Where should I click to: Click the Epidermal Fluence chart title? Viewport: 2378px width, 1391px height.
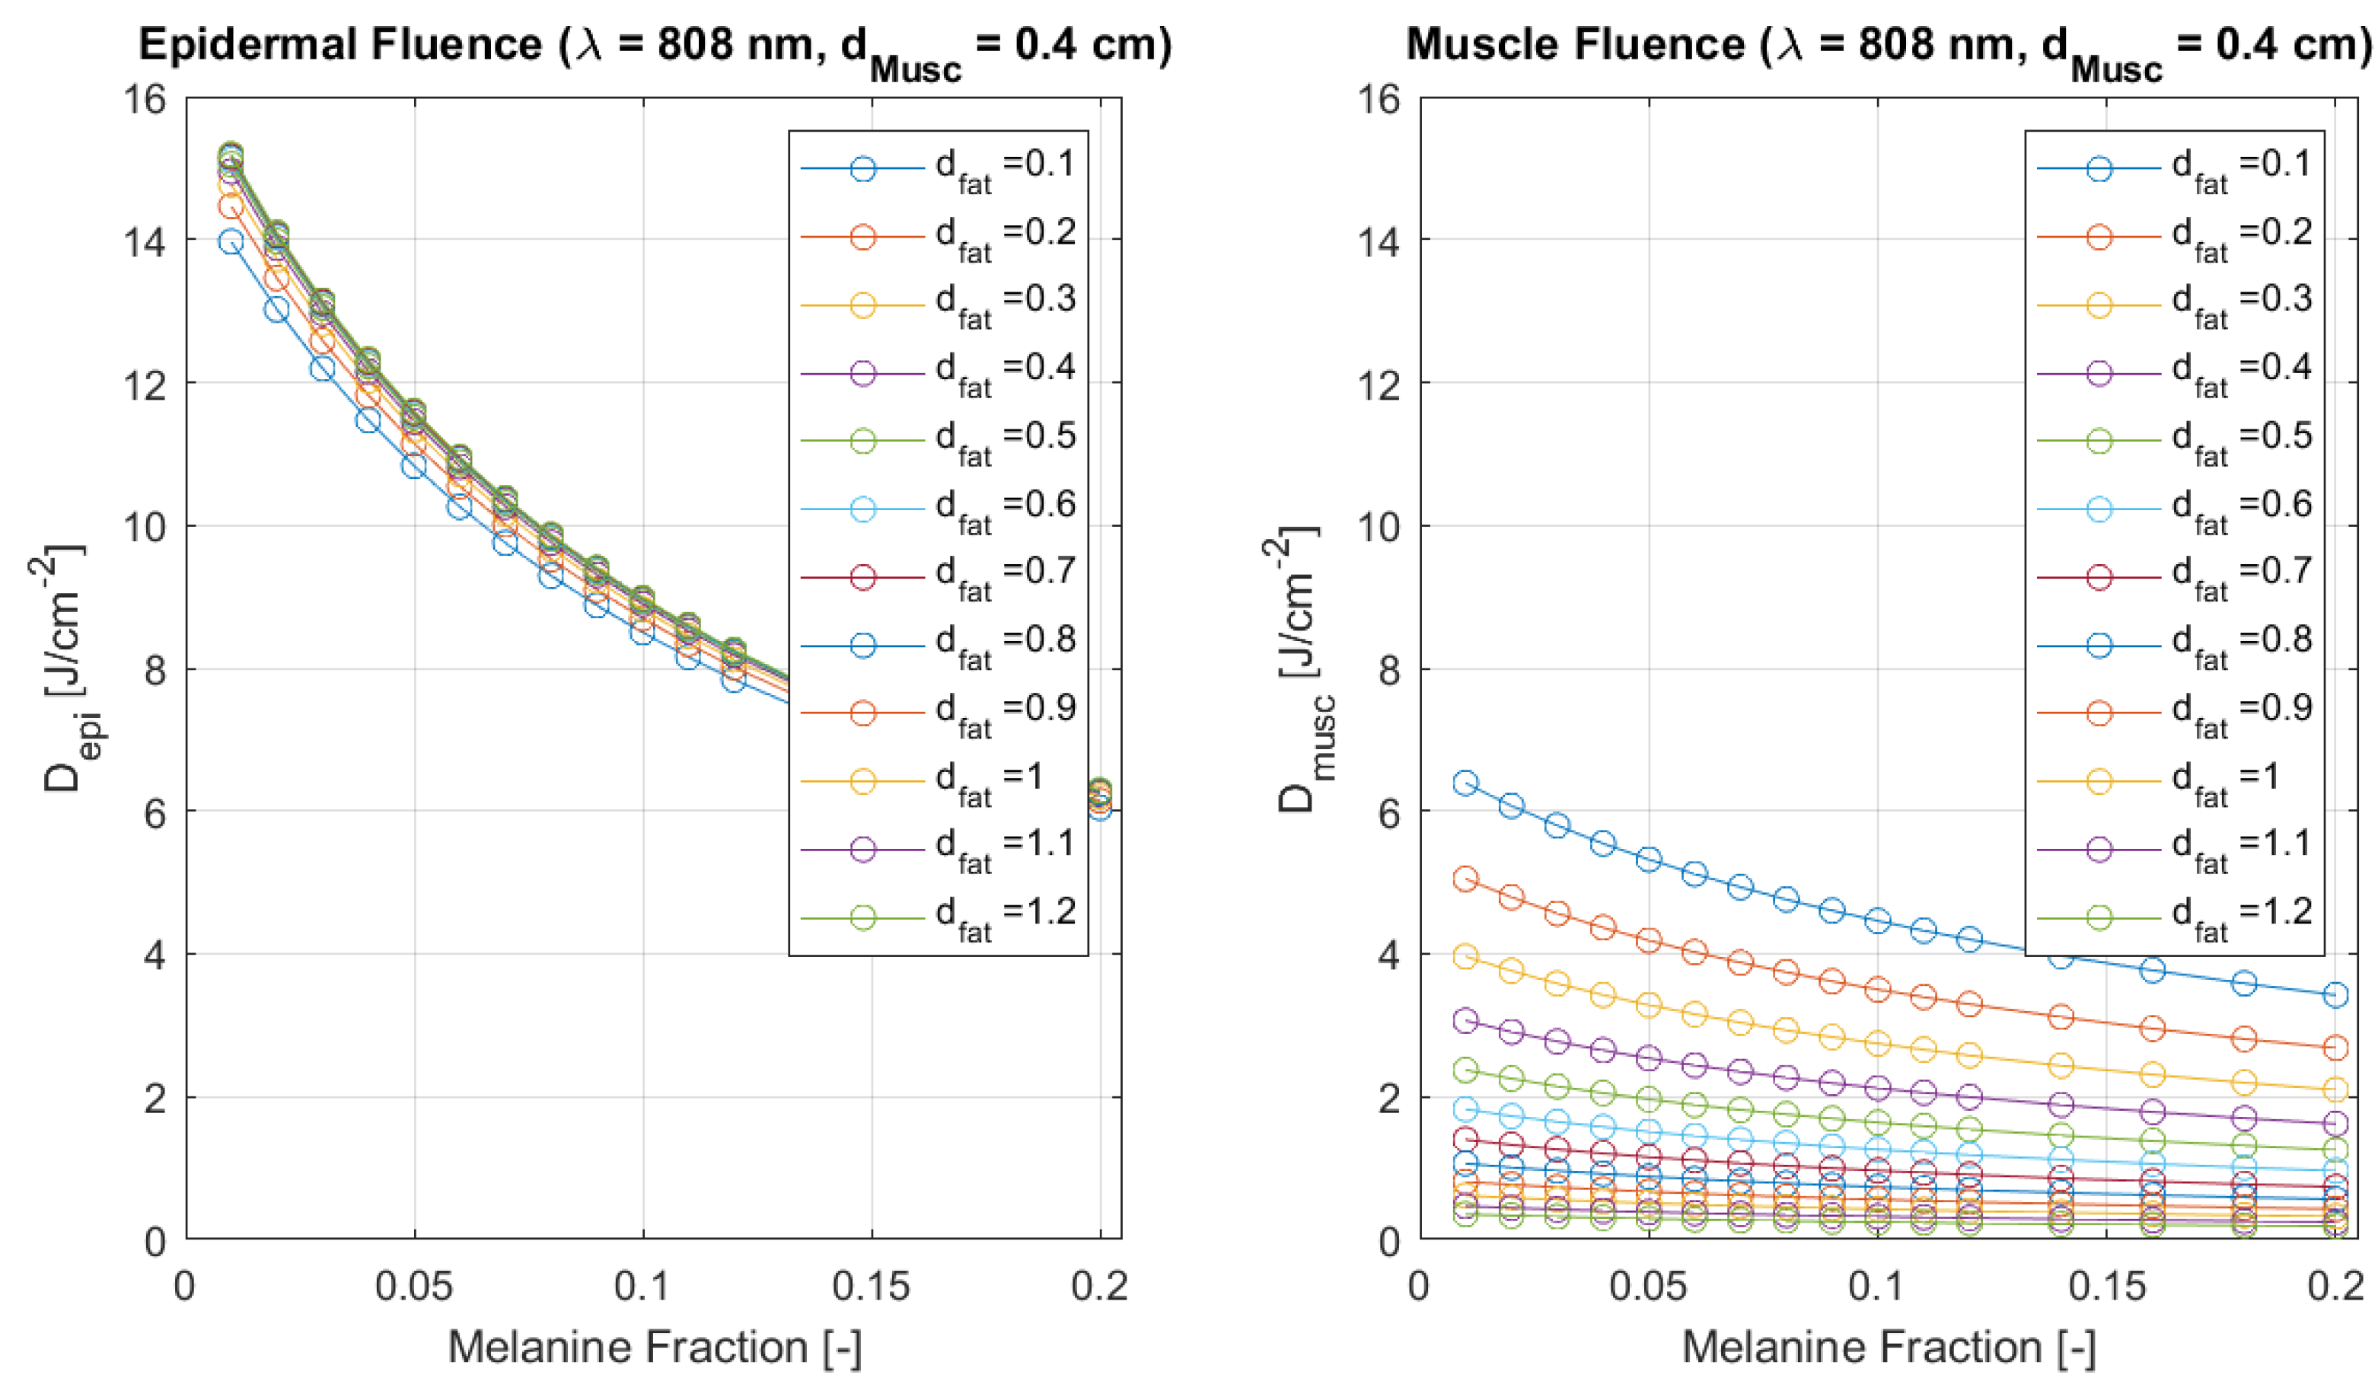coord(655,45)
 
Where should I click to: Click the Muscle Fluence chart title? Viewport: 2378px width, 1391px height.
coord(1887,45)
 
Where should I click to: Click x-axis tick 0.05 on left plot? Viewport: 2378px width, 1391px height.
coord(413,1286)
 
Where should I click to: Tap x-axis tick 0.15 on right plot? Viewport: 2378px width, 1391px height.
coord(2107,1286)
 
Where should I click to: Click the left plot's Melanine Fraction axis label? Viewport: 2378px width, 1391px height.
coord(654,1347)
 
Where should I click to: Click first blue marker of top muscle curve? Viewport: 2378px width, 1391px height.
coord(1465,783)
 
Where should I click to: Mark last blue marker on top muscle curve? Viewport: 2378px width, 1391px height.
coord(2335,994)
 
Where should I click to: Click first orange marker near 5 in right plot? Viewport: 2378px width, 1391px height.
coord(1465,879)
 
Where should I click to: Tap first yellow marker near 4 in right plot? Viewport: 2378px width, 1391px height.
coord(1465,957)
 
